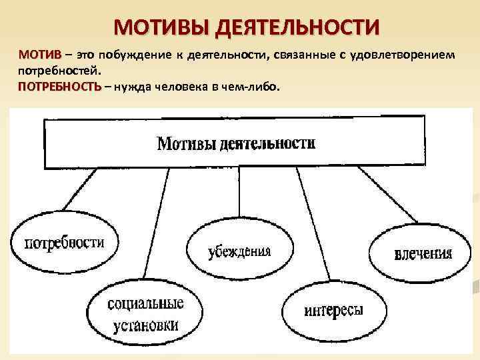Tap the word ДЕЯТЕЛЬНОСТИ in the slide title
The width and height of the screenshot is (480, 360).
point(297,27)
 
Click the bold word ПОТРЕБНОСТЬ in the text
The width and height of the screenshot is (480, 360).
point(59,87)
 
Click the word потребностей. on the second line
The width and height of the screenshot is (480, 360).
point(59,70)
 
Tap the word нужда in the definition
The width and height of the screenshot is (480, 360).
point(133,87)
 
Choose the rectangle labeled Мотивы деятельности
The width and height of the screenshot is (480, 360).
point(234,143)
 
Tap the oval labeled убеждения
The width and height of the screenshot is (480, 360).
point(230,250)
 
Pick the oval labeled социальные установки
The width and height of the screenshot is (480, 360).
point(144,315)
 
